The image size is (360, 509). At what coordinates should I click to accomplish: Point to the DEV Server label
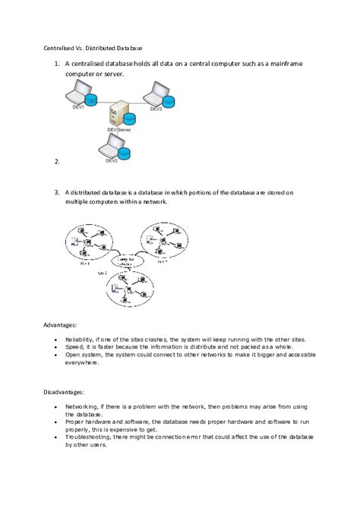120,131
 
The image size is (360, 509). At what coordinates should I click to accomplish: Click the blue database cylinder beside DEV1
92,102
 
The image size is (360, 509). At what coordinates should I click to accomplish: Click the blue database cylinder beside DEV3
169,101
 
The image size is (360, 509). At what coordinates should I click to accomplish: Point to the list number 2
57,161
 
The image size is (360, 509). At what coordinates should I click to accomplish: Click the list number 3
57,193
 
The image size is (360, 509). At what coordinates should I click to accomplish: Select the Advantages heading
60,325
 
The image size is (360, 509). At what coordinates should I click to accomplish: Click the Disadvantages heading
64,392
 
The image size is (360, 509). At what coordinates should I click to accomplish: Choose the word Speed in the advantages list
74,346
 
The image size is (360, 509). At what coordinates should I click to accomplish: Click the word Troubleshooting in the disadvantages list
90,437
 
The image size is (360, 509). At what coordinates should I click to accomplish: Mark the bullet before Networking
58,406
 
